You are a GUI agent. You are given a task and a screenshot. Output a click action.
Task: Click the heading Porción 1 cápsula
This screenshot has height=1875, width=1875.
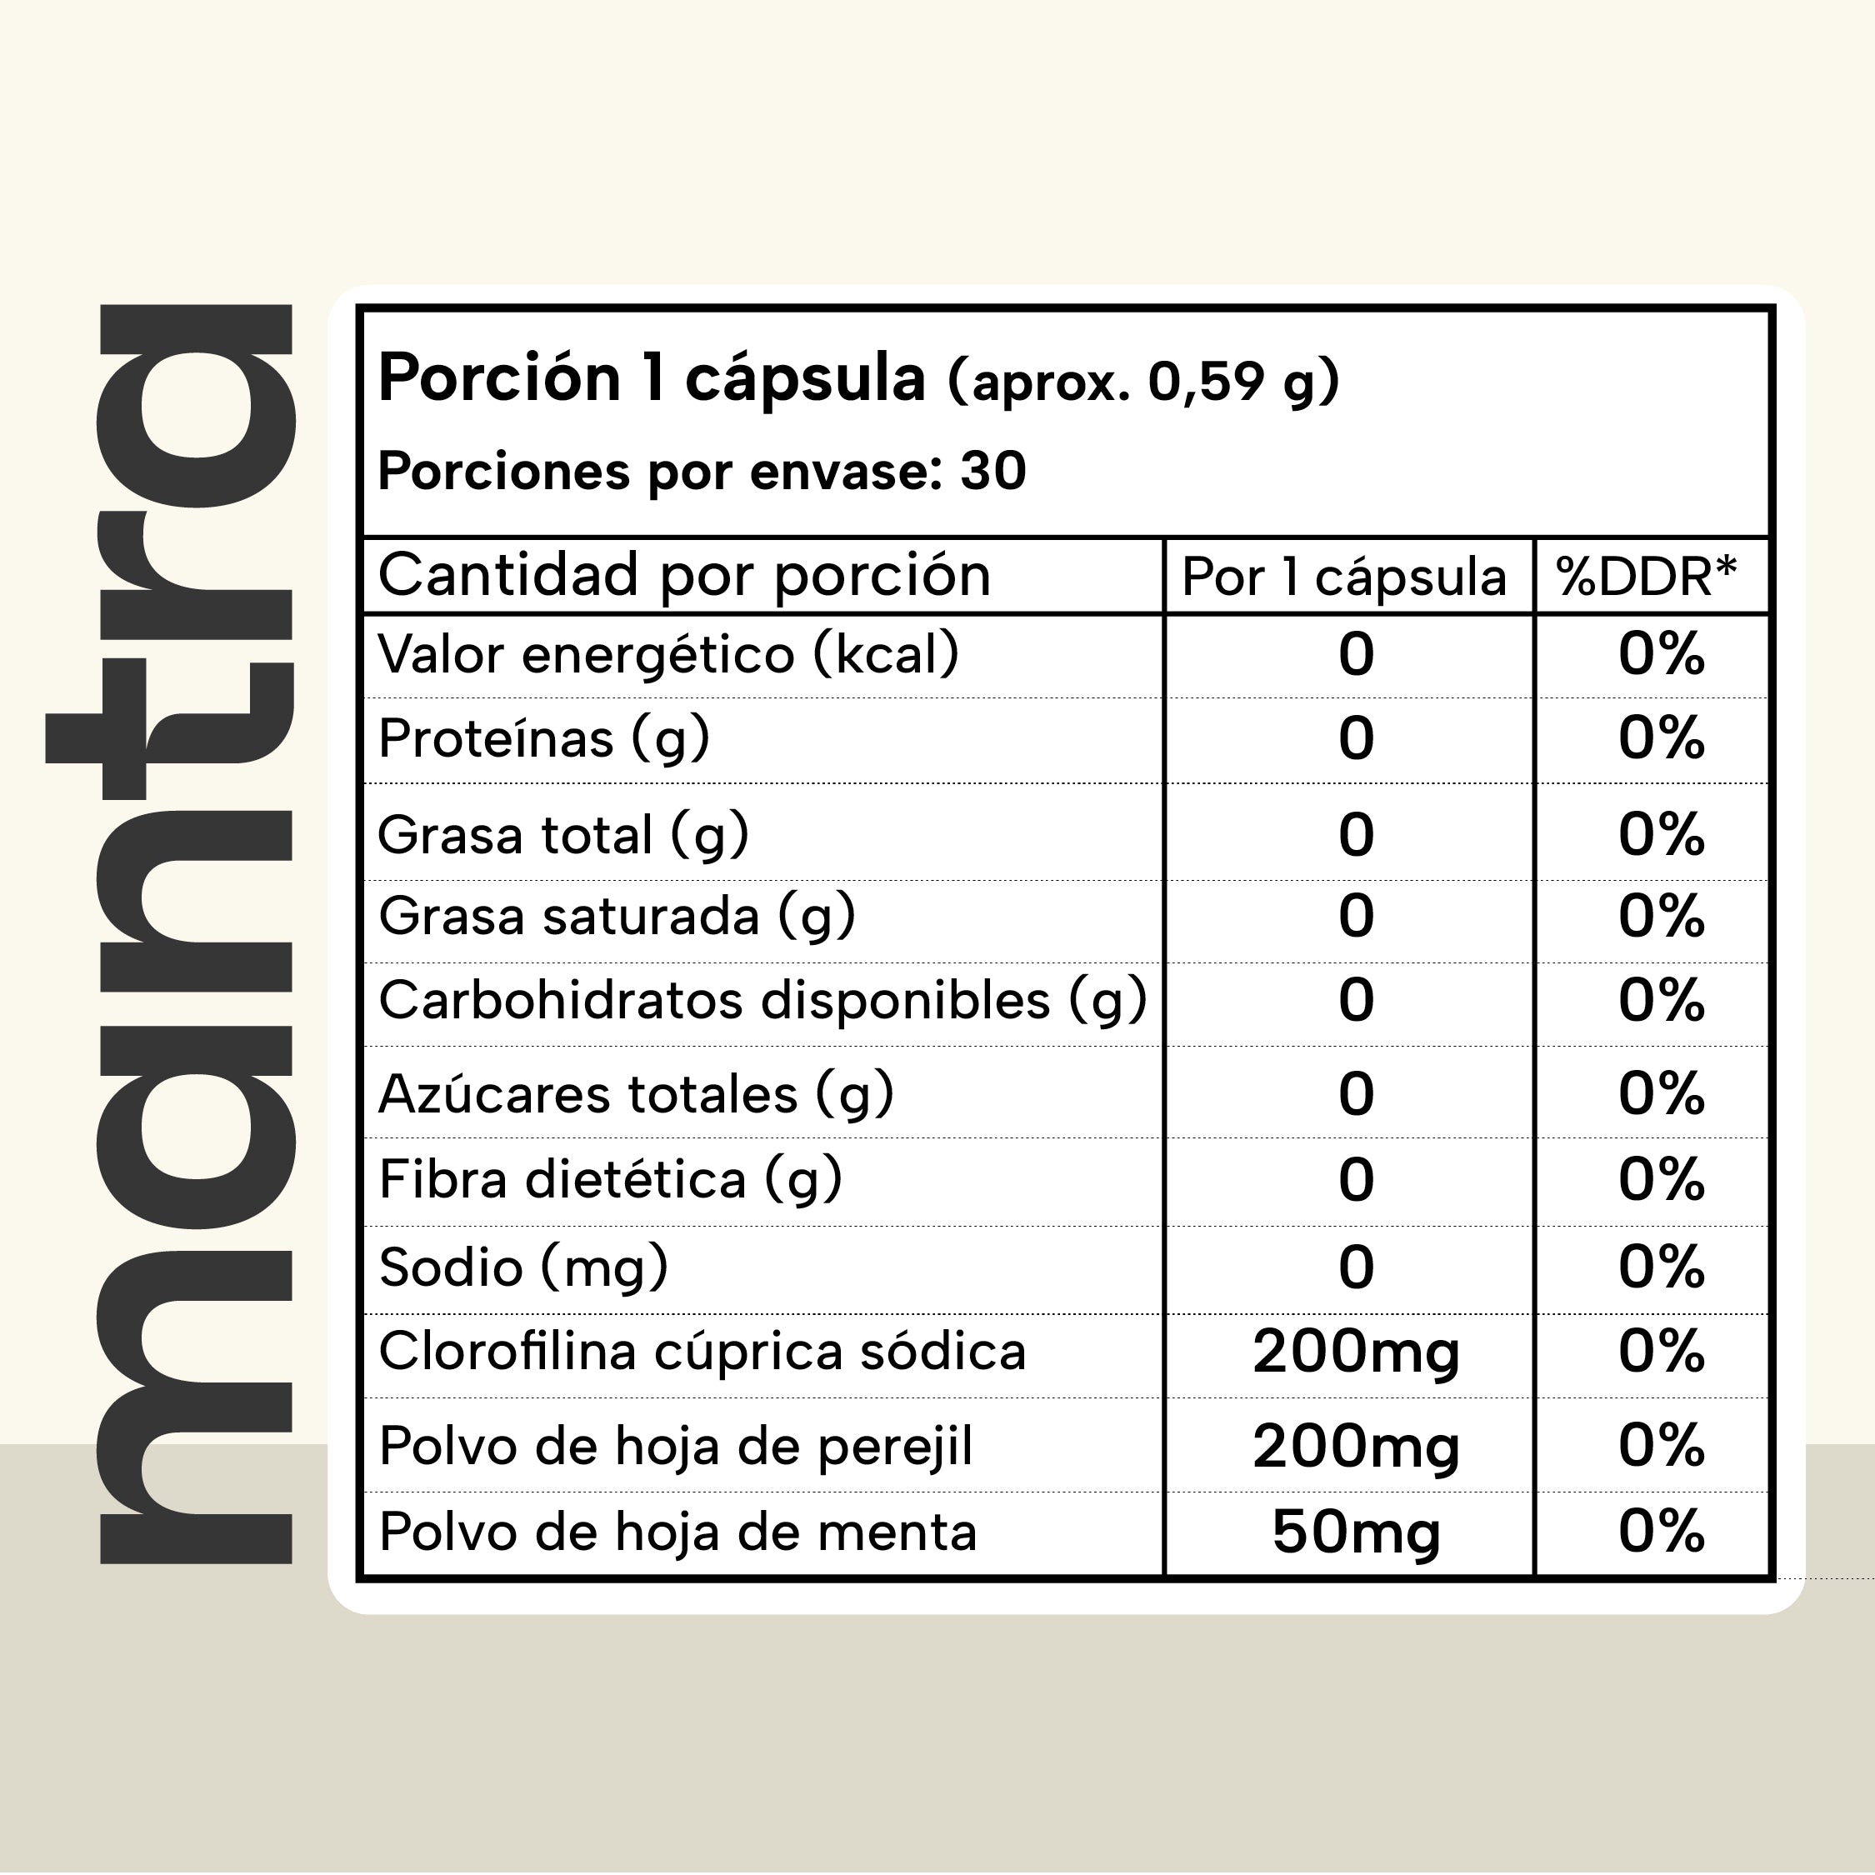click(651, 377)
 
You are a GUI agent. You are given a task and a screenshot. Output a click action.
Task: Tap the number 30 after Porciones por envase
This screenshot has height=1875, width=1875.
click(992, 472)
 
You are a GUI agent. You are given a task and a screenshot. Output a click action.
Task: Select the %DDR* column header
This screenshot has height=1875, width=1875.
click(1646, 577)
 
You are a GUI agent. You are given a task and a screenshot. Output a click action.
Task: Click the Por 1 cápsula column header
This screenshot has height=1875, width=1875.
click(1344, 577)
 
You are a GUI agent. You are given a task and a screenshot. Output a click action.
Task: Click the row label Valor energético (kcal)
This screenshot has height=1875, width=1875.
click(668, 654)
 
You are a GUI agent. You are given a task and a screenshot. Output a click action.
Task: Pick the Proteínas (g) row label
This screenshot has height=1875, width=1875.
click(544, 738)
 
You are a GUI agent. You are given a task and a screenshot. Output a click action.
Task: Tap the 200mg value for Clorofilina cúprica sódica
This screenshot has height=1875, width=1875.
click(1356, 1352)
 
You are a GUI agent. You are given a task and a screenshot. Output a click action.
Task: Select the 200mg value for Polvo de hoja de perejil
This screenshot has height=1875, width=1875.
click(1356, 1447)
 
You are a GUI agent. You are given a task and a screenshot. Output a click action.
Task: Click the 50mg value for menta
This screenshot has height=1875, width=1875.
click(1356, 1532)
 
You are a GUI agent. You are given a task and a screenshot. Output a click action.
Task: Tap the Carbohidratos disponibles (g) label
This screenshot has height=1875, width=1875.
click(762, 1001)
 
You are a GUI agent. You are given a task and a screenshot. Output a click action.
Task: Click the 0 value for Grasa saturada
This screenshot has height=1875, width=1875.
click(1356, 916)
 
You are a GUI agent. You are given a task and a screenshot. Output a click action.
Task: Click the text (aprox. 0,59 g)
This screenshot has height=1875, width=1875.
click(1144, 381)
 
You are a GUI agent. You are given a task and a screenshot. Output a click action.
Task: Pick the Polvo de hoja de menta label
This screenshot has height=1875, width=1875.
click(677, 1532)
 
